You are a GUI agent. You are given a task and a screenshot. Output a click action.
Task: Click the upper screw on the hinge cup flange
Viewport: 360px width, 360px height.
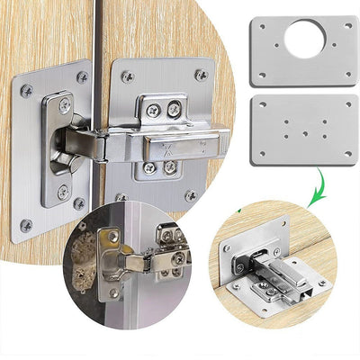pos(64,106)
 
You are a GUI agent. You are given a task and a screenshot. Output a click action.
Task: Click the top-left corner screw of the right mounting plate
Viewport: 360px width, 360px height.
pos(127,77)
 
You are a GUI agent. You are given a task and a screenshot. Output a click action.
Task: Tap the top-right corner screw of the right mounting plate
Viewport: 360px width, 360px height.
pos(201,75)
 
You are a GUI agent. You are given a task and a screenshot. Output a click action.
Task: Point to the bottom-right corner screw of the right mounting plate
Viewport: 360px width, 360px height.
pos(191,195)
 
